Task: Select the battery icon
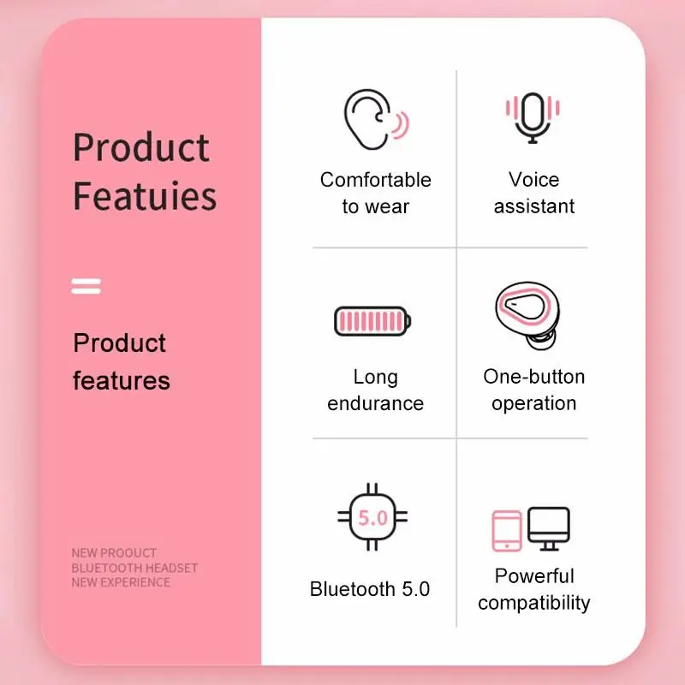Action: [372, 321]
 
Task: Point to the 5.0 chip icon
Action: [372, 517]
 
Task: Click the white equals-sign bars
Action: [86, 286]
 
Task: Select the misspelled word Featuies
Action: [145, 196]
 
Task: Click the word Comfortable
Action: [376, 180]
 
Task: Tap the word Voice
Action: [533, 180]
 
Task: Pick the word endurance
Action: [375, 403]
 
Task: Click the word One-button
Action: [533, 377]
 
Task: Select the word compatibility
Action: [533, 604]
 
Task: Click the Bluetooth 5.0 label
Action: [370, 589]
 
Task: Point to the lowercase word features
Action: [122, 380]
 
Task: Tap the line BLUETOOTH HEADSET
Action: [134, 568]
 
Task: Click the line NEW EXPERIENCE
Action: [121, 582]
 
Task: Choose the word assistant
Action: [533, 206]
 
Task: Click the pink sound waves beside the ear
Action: [401, 125]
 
